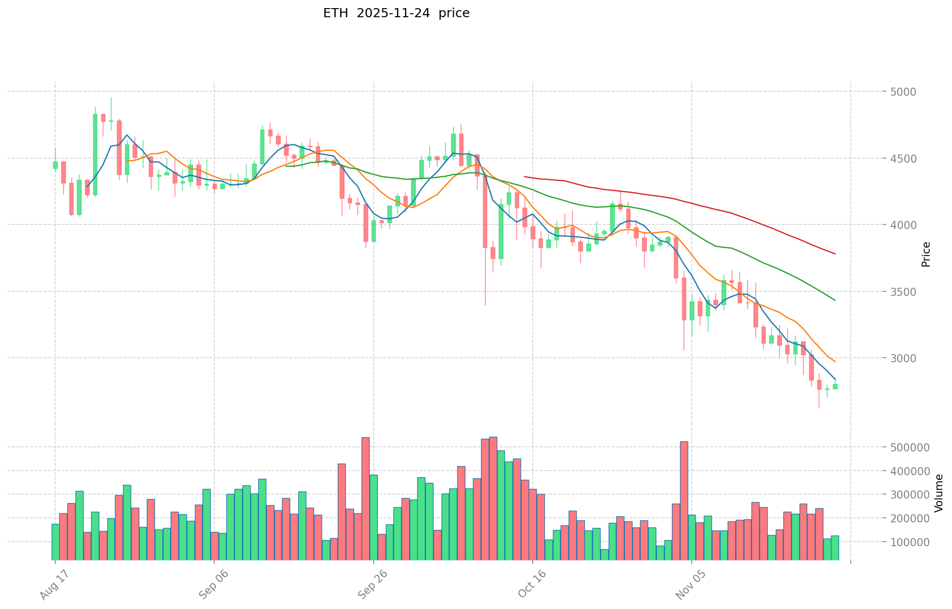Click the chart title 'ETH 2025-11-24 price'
coord(396,13)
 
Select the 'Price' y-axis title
coord(926,254)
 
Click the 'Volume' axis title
coord(939,492)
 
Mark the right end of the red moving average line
coord(835,253)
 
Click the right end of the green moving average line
coord(835,300)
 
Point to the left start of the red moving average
coord(525,177)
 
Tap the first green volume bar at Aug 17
coord(55,542)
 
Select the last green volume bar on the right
coord(835,548)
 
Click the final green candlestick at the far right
coord(835,386)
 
